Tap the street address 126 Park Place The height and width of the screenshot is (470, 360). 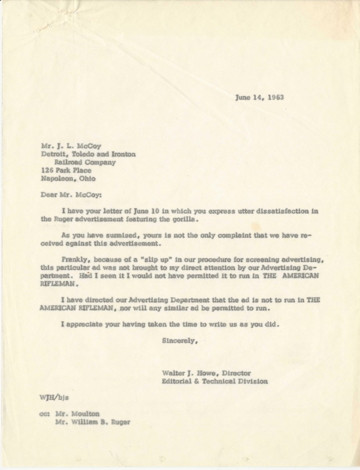(66, 171)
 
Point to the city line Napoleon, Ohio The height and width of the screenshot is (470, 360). (68, 179)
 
